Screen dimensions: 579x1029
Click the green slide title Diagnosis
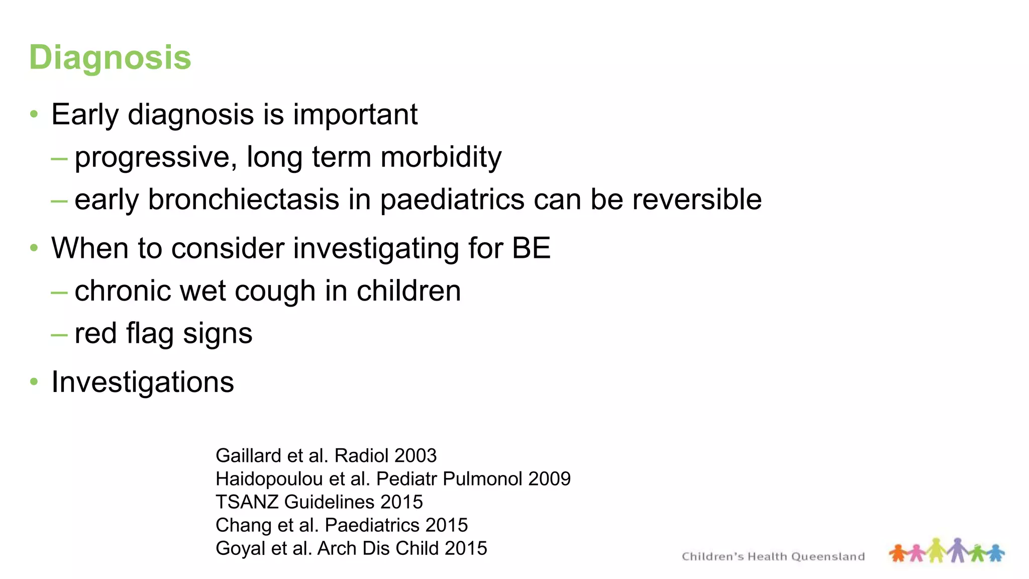110,57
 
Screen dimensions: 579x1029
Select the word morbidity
441,157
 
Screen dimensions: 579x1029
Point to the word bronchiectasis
243,200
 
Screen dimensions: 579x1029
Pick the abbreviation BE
531,248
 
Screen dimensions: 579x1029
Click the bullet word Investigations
143,382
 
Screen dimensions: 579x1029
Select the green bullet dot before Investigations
34,381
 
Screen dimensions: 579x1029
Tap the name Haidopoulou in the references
269,479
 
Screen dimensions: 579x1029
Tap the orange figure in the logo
898,553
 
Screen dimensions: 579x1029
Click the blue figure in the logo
995,553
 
